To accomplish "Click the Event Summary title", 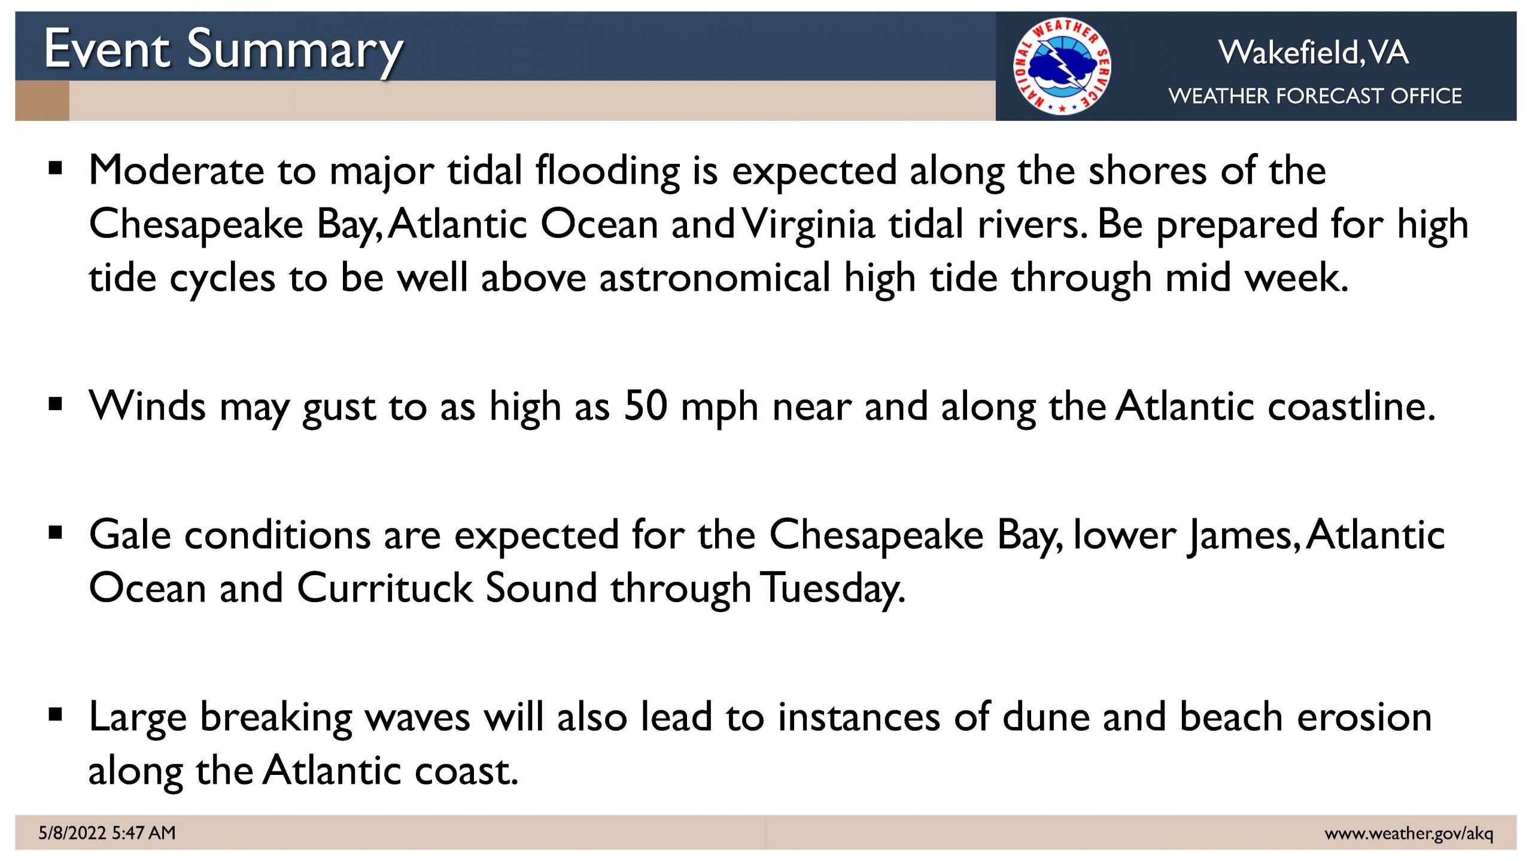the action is point(224,51).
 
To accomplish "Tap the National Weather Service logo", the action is point(1062,66).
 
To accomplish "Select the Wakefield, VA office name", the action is point(1314,53).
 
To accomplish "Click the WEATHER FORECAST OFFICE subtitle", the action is point(1315,96).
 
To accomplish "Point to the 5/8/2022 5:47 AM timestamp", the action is point(107,832).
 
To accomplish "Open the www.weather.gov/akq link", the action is point(1409,833).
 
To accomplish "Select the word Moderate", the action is point(177,170).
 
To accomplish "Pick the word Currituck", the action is point(384,588).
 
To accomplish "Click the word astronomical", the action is point(715,278).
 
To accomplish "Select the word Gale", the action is point(130,535).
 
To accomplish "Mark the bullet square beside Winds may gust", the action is point(56,405).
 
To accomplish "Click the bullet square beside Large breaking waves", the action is point(56,714).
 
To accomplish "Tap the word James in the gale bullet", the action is point(1241,536).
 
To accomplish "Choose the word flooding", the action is point(607,172).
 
